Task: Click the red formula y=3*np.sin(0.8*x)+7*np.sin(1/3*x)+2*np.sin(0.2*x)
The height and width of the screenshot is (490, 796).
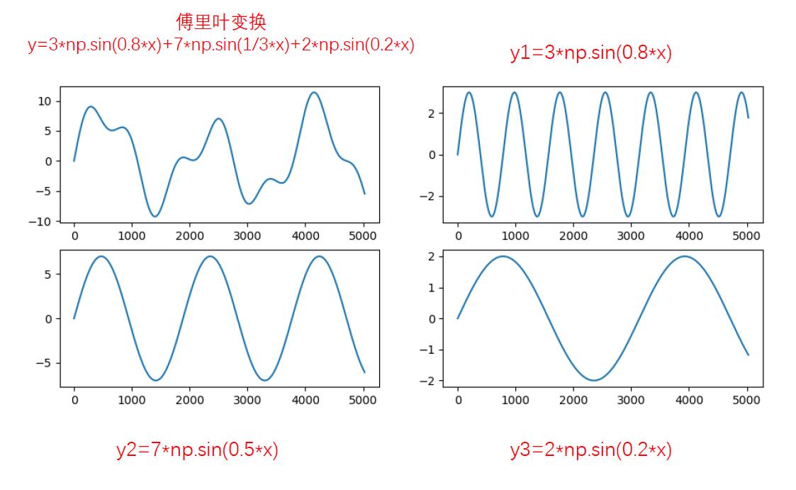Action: pos(220,45)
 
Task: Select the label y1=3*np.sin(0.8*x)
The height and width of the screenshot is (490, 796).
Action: pos(590,53)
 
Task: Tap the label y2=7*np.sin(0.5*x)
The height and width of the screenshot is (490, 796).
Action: pos(197,450)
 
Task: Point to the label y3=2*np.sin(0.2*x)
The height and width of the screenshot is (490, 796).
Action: pos(590,450)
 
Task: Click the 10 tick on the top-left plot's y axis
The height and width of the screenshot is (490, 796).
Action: pos(44,101)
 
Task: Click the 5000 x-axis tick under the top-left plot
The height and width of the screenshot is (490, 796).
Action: pos(363,235)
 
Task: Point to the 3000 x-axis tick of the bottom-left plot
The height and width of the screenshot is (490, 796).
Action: pos(247,400)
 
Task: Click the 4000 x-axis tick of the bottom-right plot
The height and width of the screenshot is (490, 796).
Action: pos(688,400)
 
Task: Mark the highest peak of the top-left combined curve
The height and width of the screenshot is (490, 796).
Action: pos(313,92)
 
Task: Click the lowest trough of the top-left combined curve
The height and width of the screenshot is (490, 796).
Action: pos(155,216)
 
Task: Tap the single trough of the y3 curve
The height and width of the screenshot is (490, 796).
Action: pos(594,380)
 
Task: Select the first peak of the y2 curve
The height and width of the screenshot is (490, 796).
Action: pos(101,256)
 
